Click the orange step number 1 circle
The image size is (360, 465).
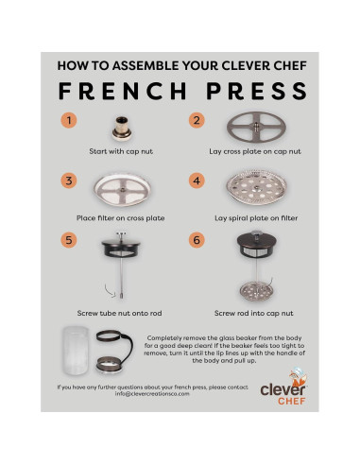67,120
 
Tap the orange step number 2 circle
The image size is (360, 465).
197,120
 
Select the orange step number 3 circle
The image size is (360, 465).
67,181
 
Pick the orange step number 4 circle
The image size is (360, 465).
197,181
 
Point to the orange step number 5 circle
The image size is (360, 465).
67,241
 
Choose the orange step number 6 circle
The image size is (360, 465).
197,241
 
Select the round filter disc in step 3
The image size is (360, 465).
121,191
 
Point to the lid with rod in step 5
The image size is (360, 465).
122,265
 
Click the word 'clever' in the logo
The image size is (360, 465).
279,387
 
